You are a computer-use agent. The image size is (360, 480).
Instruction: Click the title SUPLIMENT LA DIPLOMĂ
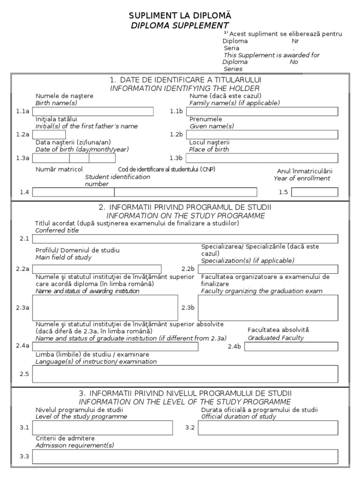tap(180, 16)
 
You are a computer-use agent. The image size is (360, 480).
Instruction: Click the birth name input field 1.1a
tap(92, 112)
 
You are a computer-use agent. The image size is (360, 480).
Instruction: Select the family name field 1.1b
tap(262, 112)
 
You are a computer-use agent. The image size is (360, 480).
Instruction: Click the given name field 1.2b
tap(262, 135)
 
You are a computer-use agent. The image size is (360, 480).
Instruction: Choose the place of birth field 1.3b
tap(262, 158)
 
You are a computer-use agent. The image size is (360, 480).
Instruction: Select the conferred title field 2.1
tap(185, 239)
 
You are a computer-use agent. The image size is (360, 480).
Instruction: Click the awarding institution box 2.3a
tap(105, 307)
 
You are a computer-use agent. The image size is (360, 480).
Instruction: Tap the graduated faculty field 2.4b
tap(291, 346)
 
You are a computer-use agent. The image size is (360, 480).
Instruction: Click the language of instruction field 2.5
tap(185, 374)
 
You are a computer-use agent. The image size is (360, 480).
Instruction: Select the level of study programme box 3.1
tap(105, 428)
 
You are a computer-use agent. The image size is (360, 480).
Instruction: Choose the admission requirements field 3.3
tap(185, 457)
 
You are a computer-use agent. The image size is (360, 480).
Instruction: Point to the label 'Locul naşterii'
tap(210, 142)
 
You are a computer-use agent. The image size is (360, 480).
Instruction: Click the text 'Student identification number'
tap(117, 180)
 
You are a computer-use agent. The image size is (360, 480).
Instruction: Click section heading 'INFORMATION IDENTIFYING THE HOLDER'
tap(185, 88)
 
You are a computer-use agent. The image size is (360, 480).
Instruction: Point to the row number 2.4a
tap(24, 346)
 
